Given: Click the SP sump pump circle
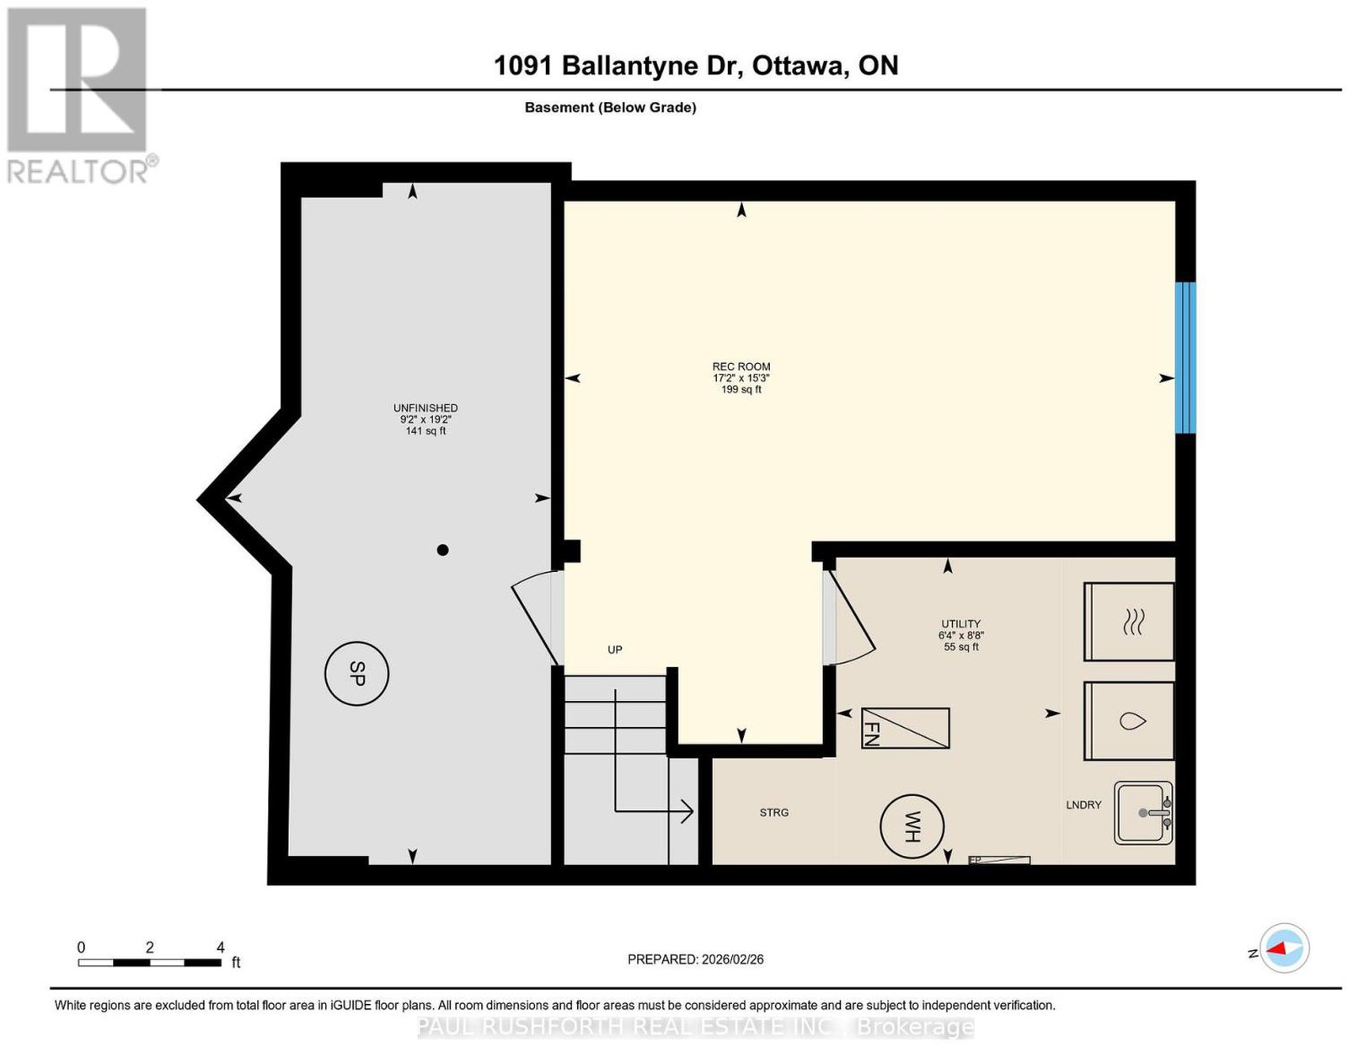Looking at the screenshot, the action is coord(356,673).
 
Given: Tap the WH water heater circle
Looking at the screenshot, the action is coord(912,826).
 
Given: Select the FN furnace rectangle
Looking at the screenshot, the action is coord(905,728).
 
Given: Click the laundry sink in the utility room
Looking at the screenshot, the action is coord(1142,812).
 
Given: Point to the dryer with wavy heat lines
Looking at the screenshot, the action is coord(1129,621).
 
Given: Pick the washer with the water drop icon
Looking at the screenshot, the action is coord(1129,721).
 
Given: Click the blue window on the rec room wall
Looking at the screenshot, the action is coord(1185,358).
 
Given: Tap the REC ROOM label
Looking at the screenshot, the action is coord(741,366).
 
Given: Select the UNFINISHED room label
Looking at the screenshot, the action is coord(425,408).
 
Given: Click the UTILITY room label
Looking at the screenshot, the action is coord(961,623).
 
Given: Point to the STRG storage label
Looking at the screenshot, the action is coord(774,812).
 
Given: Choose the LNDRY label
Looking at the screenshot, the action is coord(1083,804).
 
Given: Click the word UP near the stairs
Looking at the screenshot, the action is coord(615,649).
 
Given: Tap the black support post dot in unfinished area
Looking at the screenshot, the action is coord(442,550).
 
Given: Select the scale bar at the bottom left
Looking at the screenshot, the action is coord(149,963).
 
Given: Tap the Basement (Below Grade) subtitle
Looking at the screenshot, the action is coord(611,107).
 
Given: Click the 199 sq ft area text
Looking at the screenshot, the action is coord(741,389).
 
